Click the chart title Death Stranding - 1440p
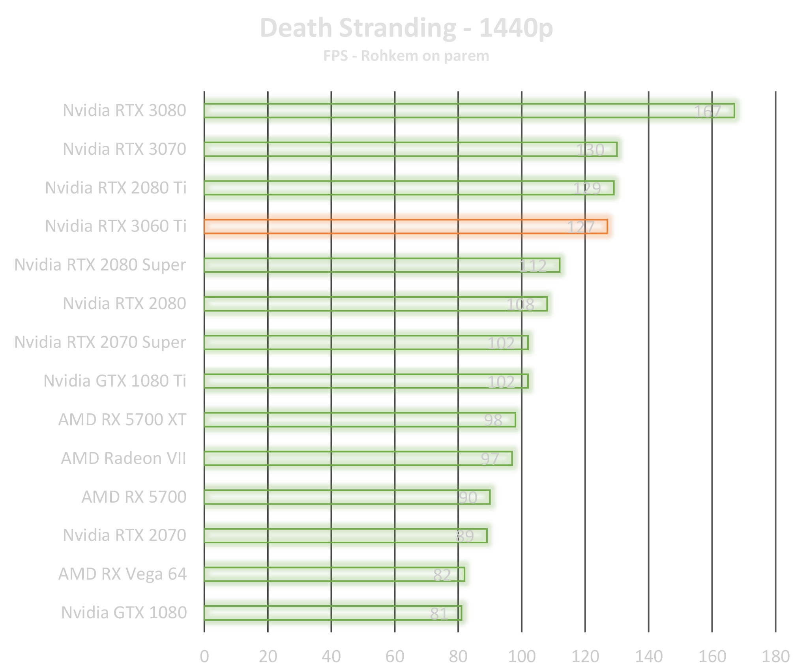(406, 28)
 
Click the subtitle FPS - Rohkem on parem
(406, 56)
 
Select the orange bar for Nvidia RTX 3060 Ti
(406, 227)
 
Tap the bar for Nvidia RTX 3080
(469, 111)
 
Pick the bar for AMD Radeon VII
(358, 458)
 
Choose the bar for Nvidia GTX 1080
(333, 613)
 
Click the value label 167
(708, 112)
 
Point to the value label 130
(590, 150)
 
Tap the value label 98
(493, 420)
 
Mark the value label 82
(442, 575)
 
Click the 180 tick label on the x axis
(775, 657)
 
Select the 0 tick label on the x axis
(204, 657)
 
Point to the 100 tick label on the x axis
(522, 657)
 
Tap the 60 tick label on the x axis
(395, 657)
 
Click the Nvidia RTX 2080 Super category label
(100, 265)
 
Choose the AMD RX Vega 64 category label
(122, 574)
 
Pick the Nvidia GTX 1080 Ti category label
(115, 381)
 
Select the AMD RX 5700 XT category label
(122, 420)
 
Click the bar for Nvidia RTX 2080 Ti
(409, 188)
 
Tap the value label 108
(520, 305)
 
